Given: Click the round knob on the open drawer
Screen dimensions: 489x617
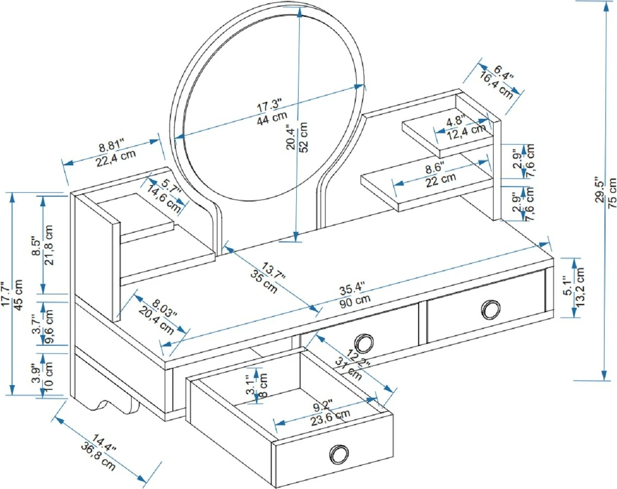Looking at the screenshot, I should [x=339, y=454].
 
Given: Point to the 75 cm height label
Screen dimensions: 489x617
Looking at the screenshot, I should [x=611, y=193].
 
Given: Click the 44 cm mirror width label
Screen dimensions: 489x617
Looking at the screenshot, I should [x=272, y=118].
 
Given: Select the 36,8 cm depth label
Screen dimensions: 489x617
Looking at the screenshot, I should [x=98, y=459].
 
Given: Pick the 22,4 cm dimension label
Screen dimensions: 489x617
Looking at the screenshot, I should [x=115, y=157].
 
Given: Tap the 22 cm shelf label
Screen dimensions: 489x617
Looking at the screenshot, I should [x=440, y=179].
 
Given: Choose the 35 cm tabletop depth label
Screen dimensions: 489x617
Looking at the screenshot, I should [x=264, y=282].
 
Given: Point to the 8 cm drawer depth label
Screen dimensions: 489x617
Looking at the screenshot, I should [x=263, y=386].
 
